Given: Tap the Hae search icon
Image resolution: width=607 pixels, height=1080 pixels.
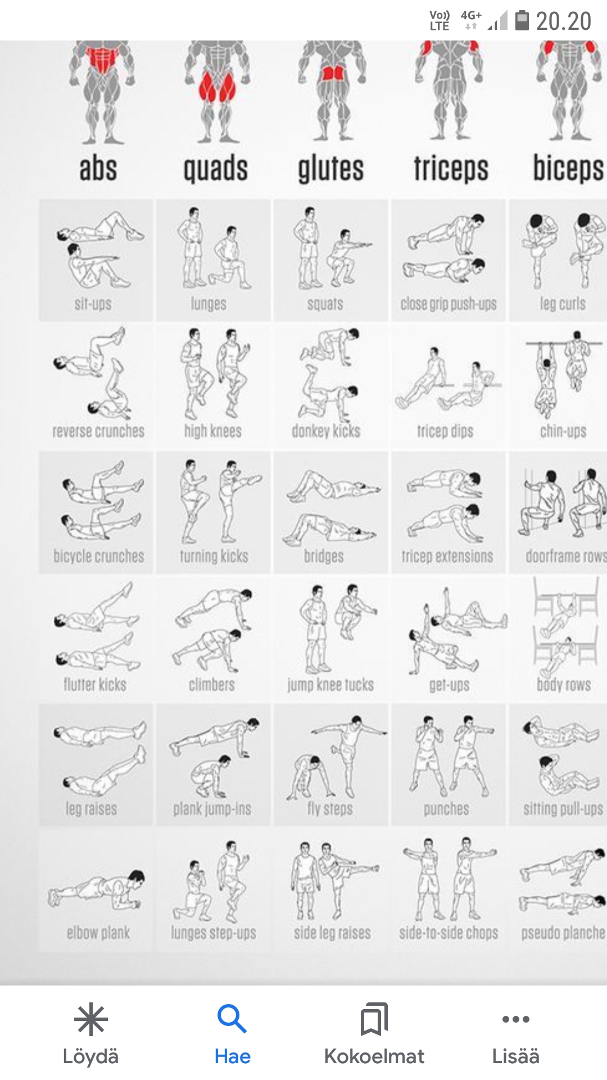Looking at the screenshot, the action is click(232, 1019).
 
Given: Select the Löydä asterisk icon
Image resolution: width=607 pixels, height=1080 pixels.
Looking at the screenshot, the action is click(90, 1019).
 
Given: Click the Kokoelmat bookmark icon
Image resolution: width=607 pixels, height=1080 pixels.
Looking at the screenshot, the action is click(374, 1019).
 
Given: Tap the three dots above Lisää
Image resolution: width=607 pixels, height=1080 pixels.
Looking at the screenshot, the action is click(516, 1019).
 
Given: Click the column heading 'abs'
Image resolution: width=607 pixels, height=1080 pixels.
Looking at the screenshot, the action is click(98, 169).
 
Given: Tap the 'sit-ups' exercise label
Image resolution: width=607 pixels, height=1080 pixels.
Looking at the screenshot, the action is click(93, 304).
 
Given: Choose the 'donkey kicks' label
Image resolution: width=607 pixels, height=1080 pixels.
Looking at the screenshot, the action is click(326, 431).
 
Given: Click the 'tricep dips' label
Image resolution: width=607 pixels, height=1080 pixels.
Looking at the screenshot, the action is click(445, 431).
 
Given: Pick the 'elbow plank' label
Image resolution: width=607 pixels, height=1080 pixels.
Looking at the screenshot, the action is click(98, 933).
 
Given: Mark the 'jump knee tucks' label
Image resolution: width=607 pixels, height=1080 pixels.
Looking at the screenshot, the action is click(330, 685).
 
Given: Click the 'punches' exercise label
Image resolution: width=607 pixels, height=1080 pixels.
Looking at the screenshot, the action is click(446, 809).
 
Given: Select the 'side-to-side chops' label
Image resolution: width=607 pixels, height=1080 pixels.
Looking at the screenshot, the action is click(449, 933).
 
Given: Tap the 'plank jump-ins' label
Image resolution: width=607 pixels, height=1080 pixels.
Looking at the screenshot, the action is click(212, 809).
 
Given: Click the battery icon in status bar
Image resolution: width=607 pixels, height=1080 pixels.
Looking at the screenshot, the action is click(522, 20).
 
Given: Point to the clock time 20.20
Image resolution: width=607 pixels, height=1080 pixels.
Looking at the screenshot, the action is click(563, 21).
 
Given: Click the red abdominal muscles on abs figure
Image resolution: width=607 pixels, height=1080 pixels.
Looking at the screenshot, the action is click(102, 60).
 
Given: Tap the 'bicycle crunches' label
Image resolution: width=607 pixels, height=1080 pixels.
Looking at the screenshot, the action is click(99, 556).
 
